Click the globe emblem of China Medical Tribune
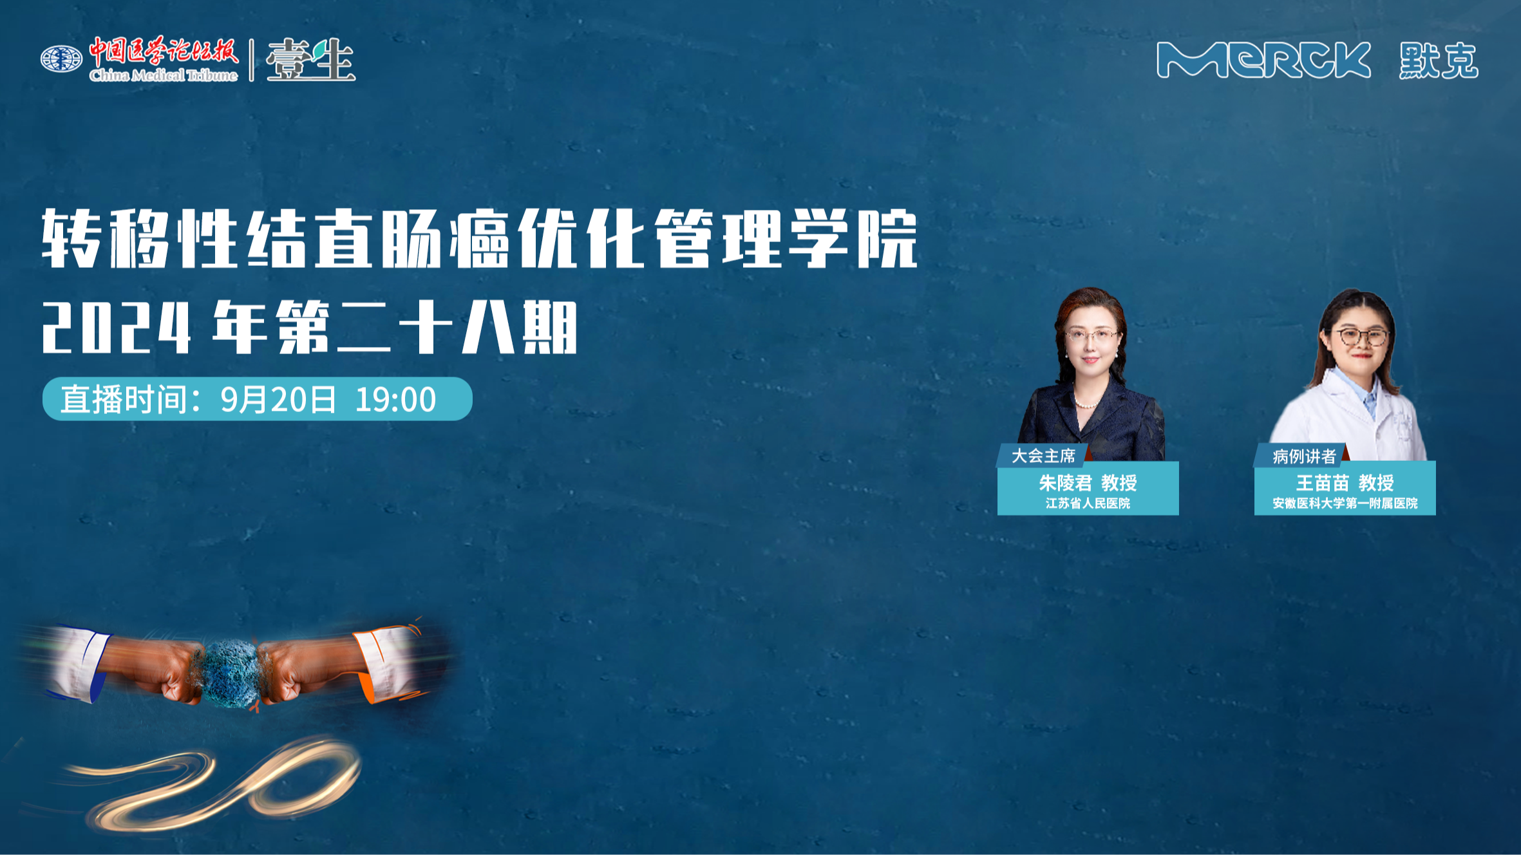click(x=61, y=59)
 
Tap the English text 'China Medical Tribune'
click(x=164, y=75)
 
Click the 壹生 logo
click(x=310, y=60)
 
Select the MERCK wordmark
click(x=1263, y=61)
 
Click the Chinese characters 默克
click(x=1439, y=61)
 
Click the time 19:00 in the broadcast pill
click(x=395, y=399)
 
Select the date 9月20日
click(x=278, y=399)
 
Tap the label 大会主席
click(x=1043, y=456)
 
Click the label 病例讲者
click(x=1304, y=456)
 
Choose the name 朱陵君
click(x=1065, y=482)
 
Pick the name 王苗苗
click(x=1322, y=482)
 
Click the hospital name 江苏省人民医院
click(x=1088, y=503)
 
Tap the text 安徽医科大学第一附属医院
click(x=1345, y=503)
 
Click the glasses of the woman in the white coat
click(x=1361, y=337)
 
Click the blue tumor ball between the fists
click(x=231, y=672)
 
